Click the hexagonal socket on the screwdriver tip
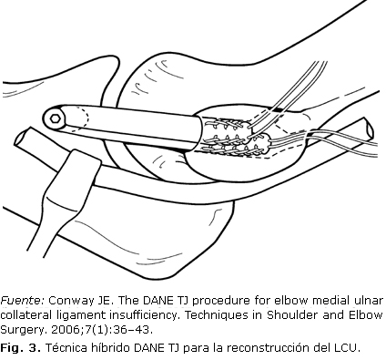(x=56, y=118)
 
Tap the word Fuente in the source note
(x=23, y=301)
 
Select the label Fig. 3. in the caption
(x=20, y=348)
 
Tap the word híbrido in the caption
(x=111, y=347)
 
